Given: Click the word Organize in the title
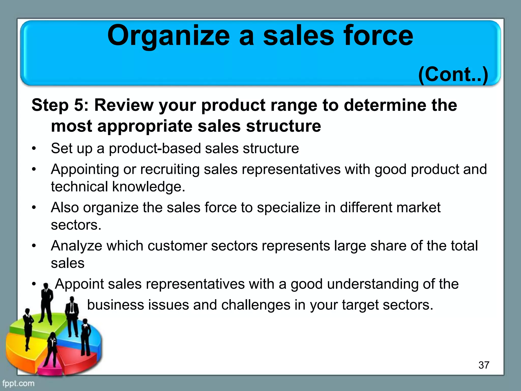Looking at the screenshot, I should [168, 36].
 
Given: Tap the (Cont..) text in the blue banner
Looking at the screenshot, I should [453, 75].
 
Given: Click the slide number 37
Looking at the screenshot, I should [484, 365].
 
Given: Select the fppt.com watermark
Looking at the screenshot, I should [18, 383].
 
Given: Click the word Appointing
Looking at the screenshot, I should [85, 170].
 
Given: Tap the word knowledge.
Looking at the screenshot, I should [149, 187].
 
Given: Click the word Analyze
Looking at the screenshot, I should [76, 246].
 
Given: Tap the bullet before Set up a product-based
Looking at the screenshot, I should [34, 149].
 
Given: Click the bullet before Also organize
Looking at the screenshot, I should [34, 208].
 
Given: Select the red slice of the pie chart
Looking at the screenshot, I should [76, 356].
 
